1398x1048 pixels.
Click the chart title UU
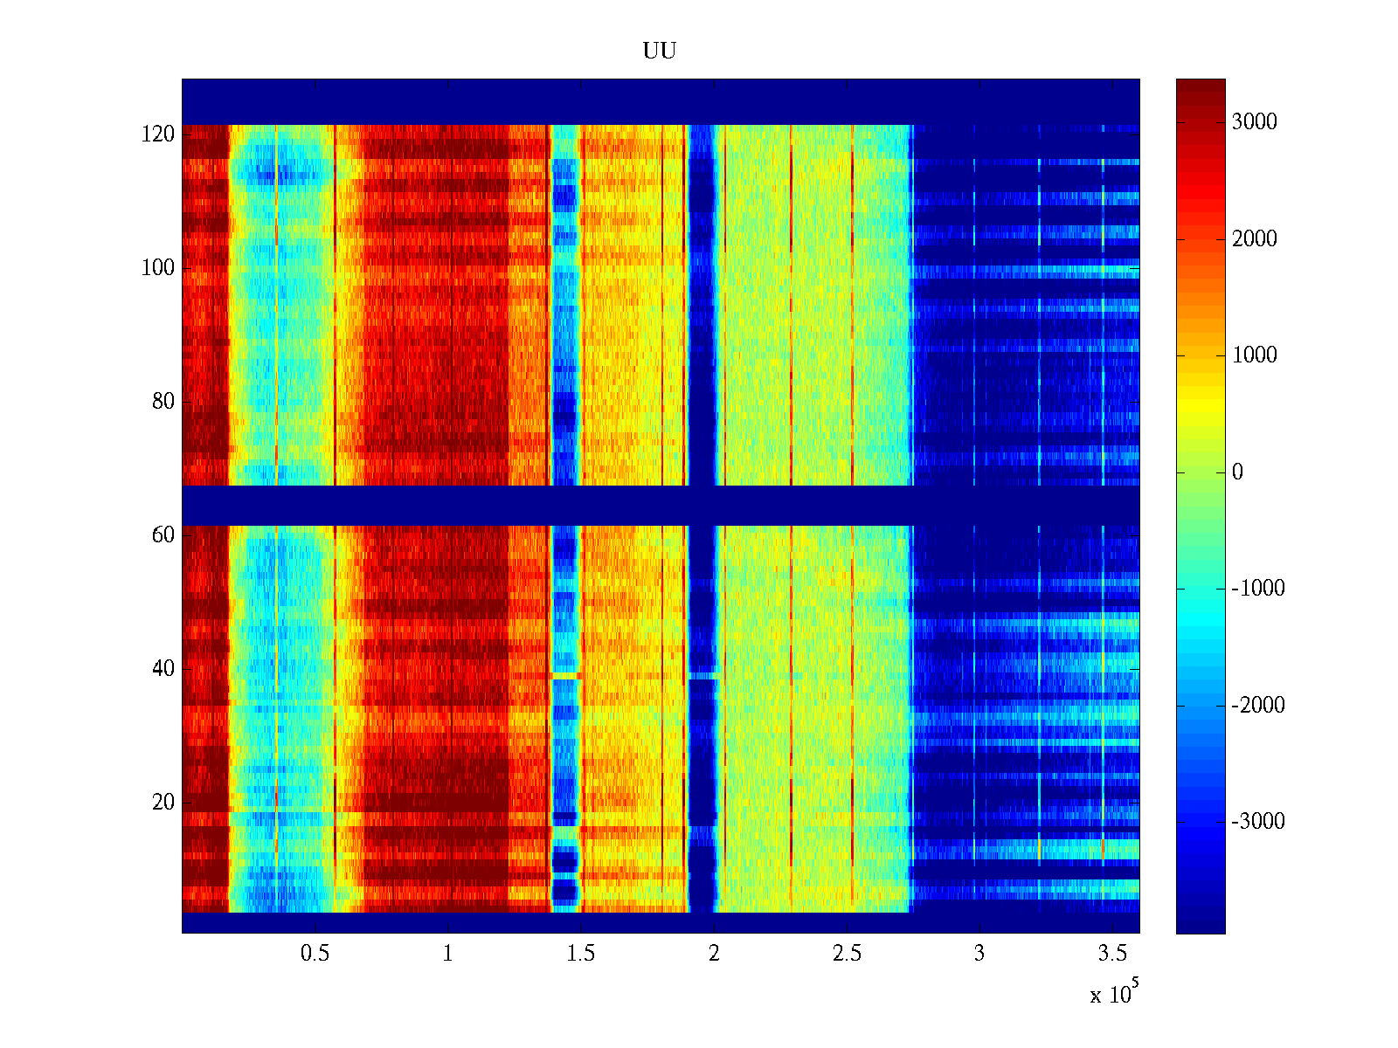coord(660,52)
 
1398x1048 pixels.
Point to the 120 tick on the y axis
coord(158,134)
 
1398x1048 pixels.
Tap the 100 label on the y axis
coord(158,268)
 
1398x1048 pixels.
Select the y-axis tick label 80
coord(163,402)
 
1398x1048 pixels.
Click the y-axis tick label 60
coord(163,535)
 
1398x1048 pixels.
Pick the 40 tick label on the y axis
coord(163,669)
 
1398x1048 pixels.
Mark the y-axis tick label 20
coord(163,803)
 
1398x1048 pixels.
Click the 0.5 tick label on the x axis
coord(315,954)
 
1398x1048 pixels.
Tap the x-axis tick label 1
coord(448,954)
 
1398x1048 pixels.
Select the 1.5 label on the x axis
coord(581,954)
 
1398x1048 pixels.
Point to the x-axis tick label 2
coord(714,954)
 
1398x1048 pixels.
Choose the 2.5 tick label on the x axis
coord(847,954)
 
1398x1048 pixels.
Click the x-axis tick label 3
coord(979,954)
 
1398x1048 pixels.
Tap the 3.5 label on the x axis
coord(1113,954)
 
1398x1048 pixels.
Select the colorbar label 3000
coord(1255,122)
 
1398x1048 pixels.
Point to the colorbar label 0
coord(1237,472)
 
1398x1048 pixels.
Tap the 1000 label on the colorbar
coord(1255,355)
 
